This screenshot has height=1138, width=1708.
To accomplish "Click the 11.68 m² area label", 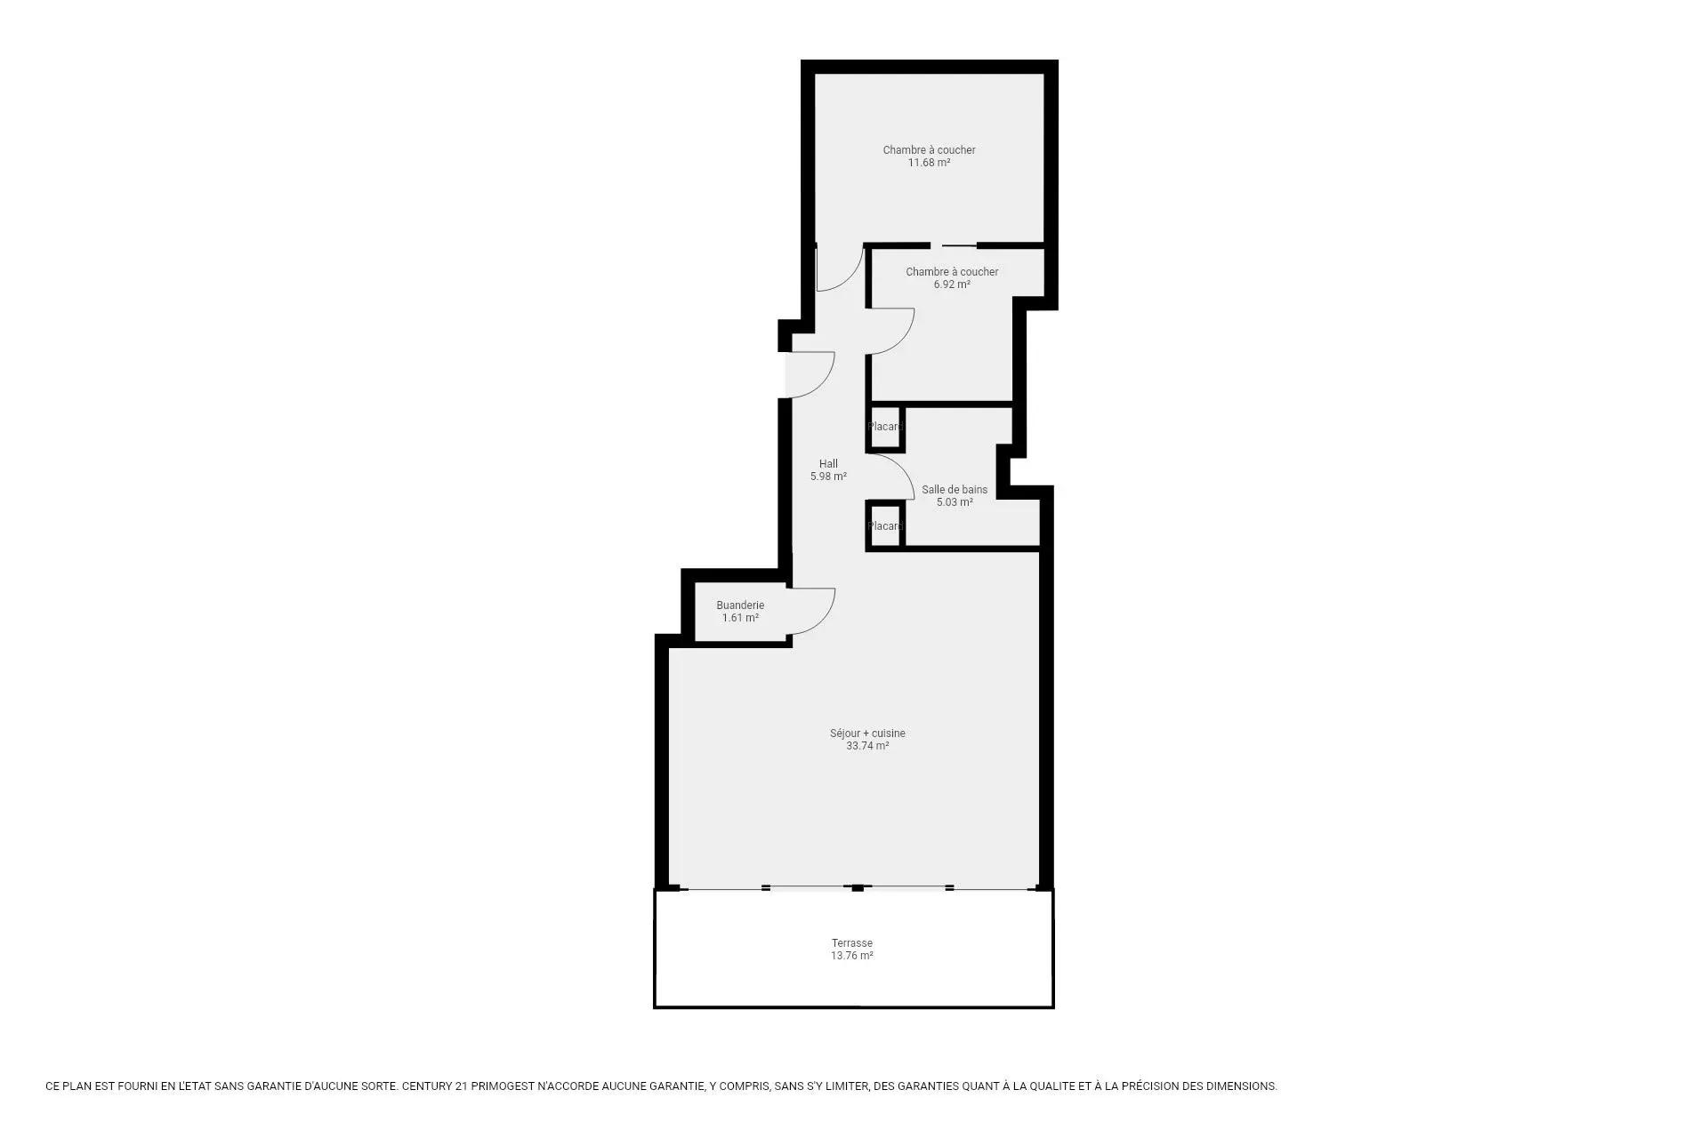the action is click(x=929, y=163).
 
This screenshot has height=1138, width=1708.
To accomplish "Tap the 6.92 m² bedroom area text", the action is click(x=952, y=284).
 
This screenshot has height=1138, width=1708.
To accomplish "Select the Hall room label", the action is click(x=828, y=463).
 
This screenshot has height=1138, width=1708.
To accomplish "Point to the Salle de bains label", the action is click(x=955, y=489).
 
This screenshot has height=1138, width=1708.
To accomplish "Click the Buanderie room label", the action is click(x=740, y=605).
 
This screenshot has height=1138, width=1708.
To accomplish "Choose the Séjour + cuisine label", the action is click(x=867, y=733).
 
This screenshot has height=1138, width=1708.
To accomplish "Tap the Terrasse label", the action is click(x=852, y=943).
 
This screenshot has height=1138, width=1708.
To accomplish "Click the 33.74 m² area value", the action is click(x=867, y=746).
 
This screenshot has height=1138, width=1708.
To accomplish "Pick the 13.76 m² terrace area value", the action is click(x=852, y=956).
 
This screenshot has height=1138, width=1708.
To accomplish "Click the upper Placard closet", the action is click(x=885, y=427).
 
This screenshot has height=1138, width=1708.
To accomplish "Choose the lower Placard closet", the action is click(x=885, y=525).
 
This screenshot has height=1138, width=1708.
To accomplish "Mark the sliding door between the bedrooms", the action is click(x=959, y=245).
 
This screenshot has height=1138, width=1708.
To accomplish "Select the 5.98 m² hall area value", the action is click(x=828, y=477).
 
